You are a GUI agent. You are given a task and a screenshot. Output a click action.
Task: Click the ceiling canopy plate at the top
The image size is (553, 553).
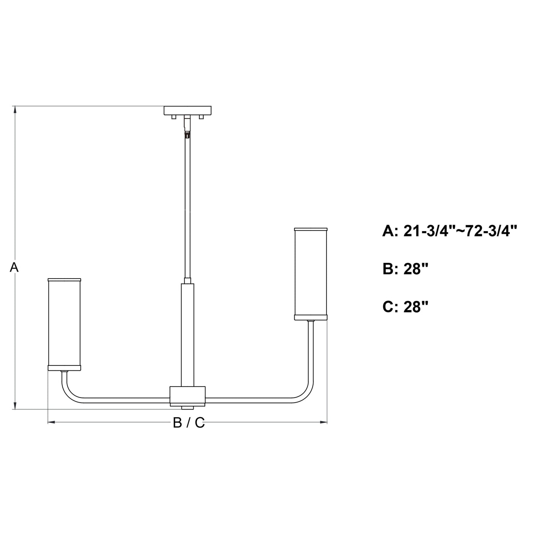[188, 110]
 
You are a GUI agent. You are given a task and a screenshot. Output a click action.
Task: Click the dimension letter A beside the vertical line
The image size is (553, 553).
[14, 268]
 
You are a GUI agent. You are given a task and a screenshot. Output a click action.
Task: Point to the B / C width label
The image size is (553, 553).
[189, 423]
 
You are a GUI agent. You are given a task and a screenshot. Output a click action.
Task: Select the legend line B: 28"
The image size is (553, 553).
[405, 269]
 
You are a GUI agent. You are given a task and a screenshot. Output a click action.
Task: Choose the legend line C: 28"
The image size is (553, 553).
[405, 307]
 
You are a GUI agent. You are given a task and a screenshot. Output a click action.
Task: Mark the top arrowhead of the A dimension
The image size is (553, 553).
[15, 109]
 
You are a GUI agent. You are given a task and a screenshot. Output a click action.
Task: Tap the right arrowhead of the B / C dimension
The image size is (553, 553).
[324, 422]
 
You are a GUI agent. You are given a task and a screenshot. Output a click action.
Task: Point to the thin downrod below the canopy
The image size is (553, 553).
[187, 207]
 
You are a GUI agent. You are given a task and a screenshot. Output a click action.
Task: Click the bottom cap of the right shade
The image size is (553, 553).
[311, 317]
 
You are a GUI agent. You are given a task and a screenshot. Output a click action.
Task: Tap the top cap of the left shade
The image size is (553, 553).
[64, 279]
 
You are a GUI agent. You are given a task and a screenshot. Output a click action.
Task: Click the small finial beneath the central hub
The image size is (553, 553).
[188, 407]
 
